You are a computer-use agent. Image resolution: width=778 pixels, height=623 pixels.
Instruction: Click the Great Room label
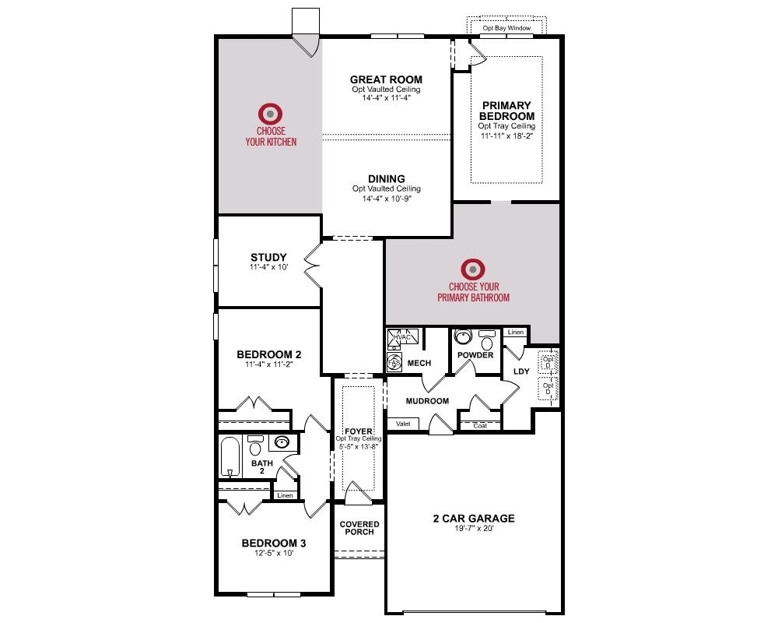point(386,79)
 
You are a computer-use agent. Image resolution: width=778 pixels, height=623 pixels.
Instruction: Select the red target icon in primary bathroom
point(473,269)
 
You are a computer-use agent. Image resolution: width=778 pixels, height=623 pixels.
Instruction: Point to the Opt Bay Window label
point(506,28)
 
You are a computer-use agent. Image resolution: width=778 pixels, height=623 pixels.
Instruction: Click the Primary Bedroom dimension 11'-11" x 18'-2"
point(506,136)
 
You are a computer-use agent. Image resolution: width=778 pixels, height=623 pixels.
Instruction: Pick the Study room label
point(268,258)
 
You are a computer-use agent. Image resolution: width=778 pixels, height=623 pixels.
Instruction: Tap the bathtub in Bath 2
point(230,456)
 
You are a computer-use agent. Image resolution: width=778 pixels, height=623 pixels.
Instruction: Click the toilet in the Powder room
point(488,342)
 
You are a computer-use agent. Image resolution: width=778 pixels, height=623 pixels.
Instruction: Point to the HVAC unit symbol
point(405,338)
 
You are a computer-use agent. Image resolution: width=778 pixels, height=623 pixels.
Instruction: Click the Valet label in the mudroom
point(403,424)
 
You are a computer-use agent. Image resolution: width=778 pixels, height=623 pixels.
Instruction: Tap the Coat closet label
point(480,425)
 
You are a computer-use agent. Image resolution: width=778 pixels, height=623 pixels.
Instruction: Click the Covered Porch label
point(359,528)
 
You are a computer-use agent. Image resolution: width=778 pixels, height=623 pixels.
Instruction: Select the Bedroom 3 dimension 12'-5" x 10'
point(268,554)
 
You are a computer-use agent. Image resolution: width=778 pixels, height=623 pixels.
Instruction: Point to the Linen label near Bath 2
point(285,495)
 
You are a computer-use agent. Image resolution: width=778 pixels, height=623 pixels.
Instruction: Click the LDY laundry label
point(520,371)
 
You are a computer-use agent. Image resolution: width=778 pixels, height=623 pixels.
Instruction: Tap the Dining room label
point(386,179)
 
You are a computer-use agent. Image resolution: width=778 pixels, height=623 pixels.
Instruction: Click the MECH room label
point(419,363)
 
